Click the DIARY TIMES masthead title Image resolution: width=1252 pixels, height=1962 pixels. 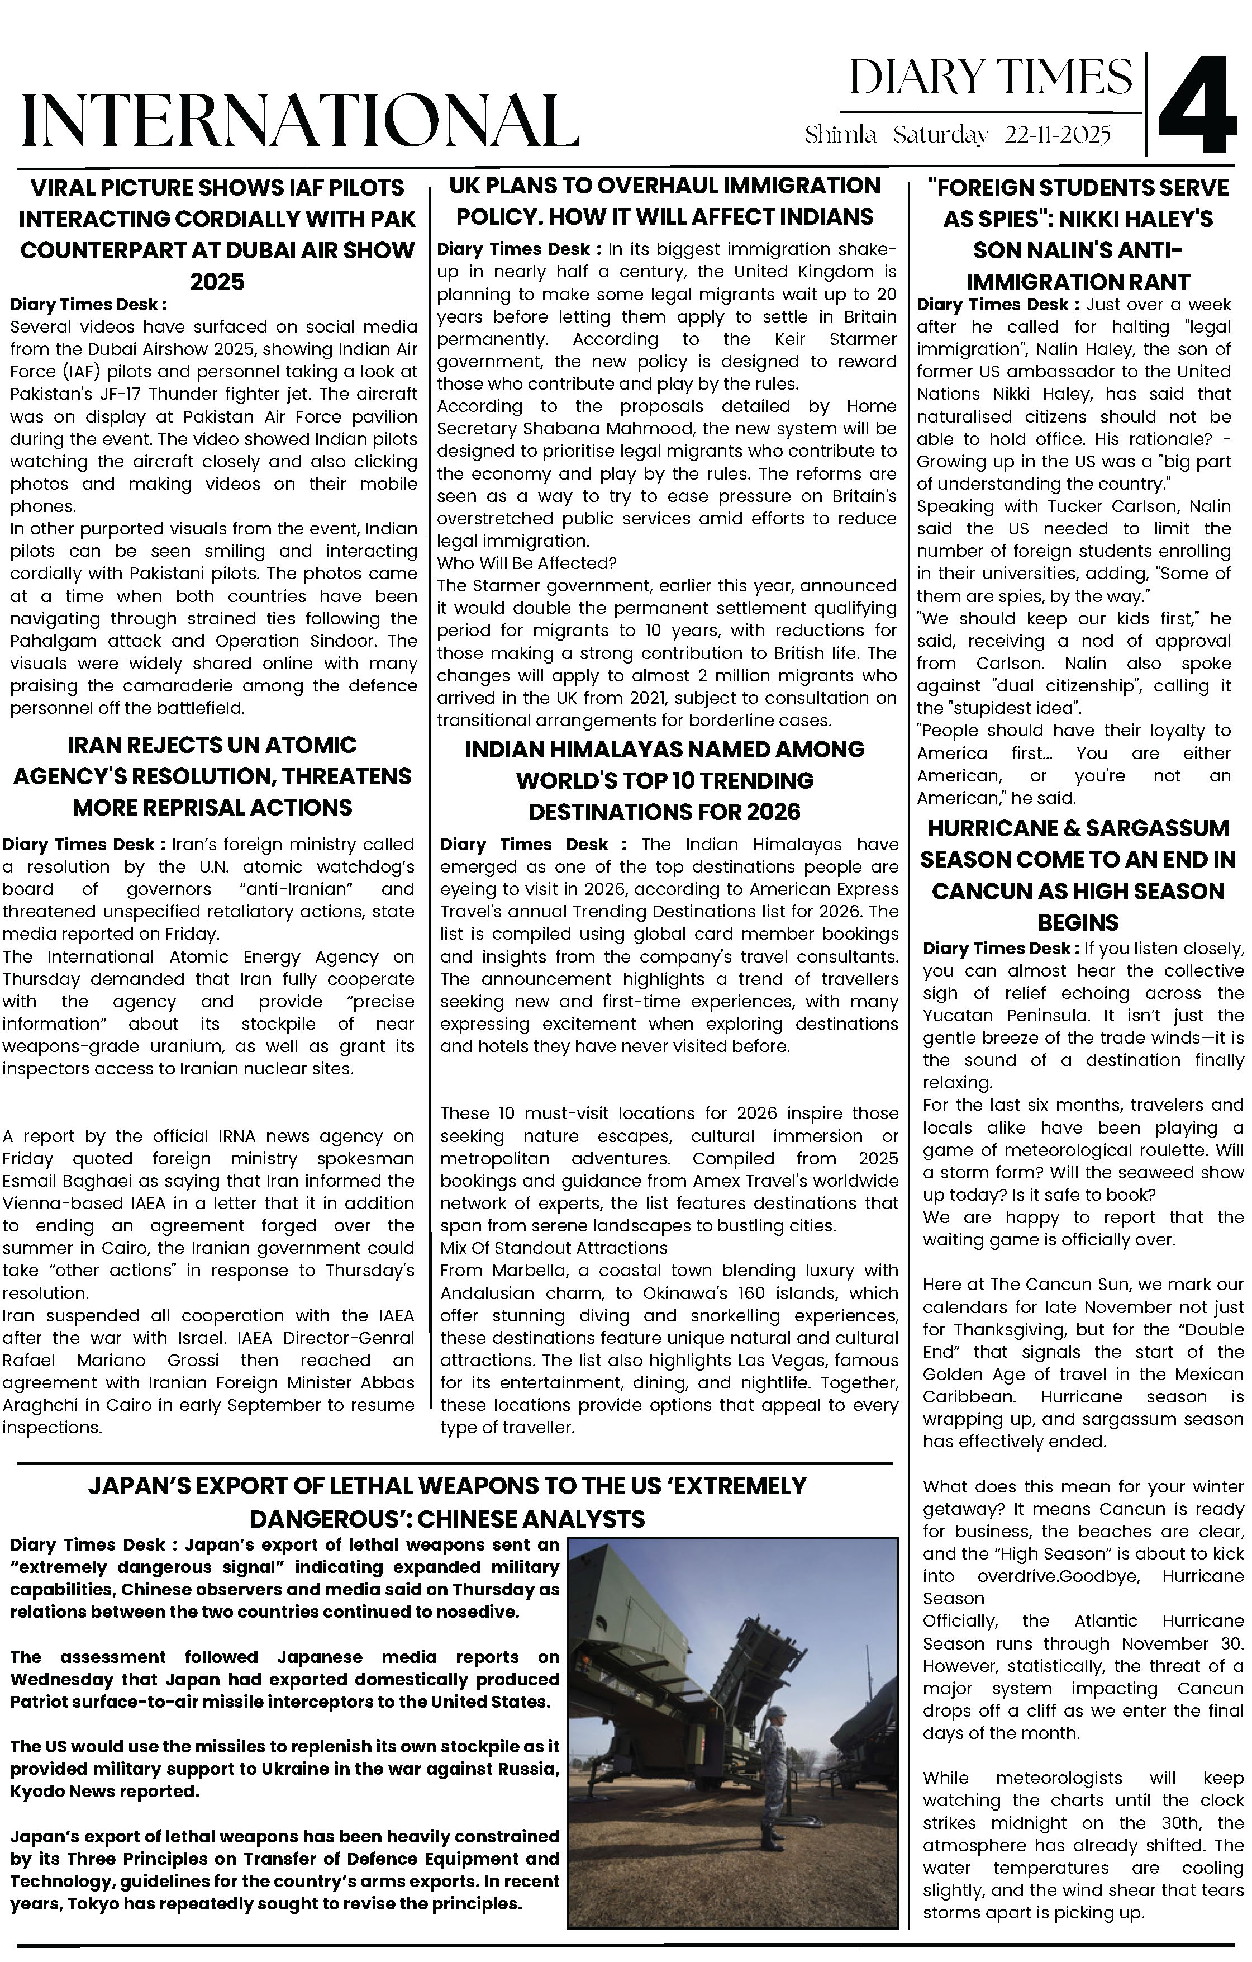click(x=991, y=78)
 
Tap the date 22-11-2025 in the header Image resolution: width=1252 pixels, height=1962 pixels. click(x=1058, y=135)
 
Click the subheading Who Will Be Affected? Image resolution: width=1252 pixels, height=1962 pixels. click(x=527, y=563)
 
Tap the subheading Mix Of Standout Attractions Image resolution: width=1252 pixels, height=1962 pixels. click(x=553, y=1248)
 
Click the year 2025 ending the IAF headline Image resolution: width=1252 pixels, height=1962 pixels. click(x=217, y=282)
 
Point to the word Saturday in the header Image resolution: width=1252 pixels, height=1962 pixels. click(x=940, y=135)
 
